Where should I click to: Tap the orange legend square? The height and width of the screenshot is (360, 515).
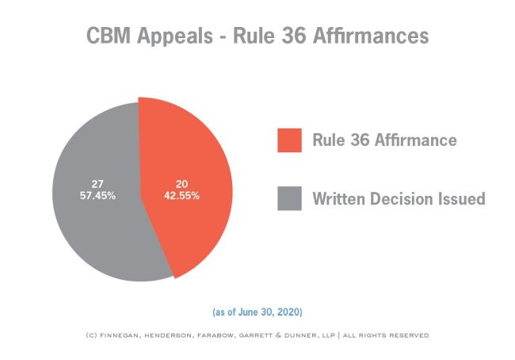tap(289, 140)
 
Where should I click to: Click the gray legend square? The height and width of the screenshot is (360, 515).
tap(289, 198)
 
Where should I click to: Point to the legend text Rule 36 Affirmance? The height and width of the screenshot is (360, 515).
tap(383, 140)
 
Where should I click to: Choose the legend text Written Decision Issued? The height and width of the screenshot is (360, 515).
tap(398, 198)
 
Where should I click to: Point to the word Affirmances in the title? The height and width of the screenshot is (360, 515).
tap(372, 36)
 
